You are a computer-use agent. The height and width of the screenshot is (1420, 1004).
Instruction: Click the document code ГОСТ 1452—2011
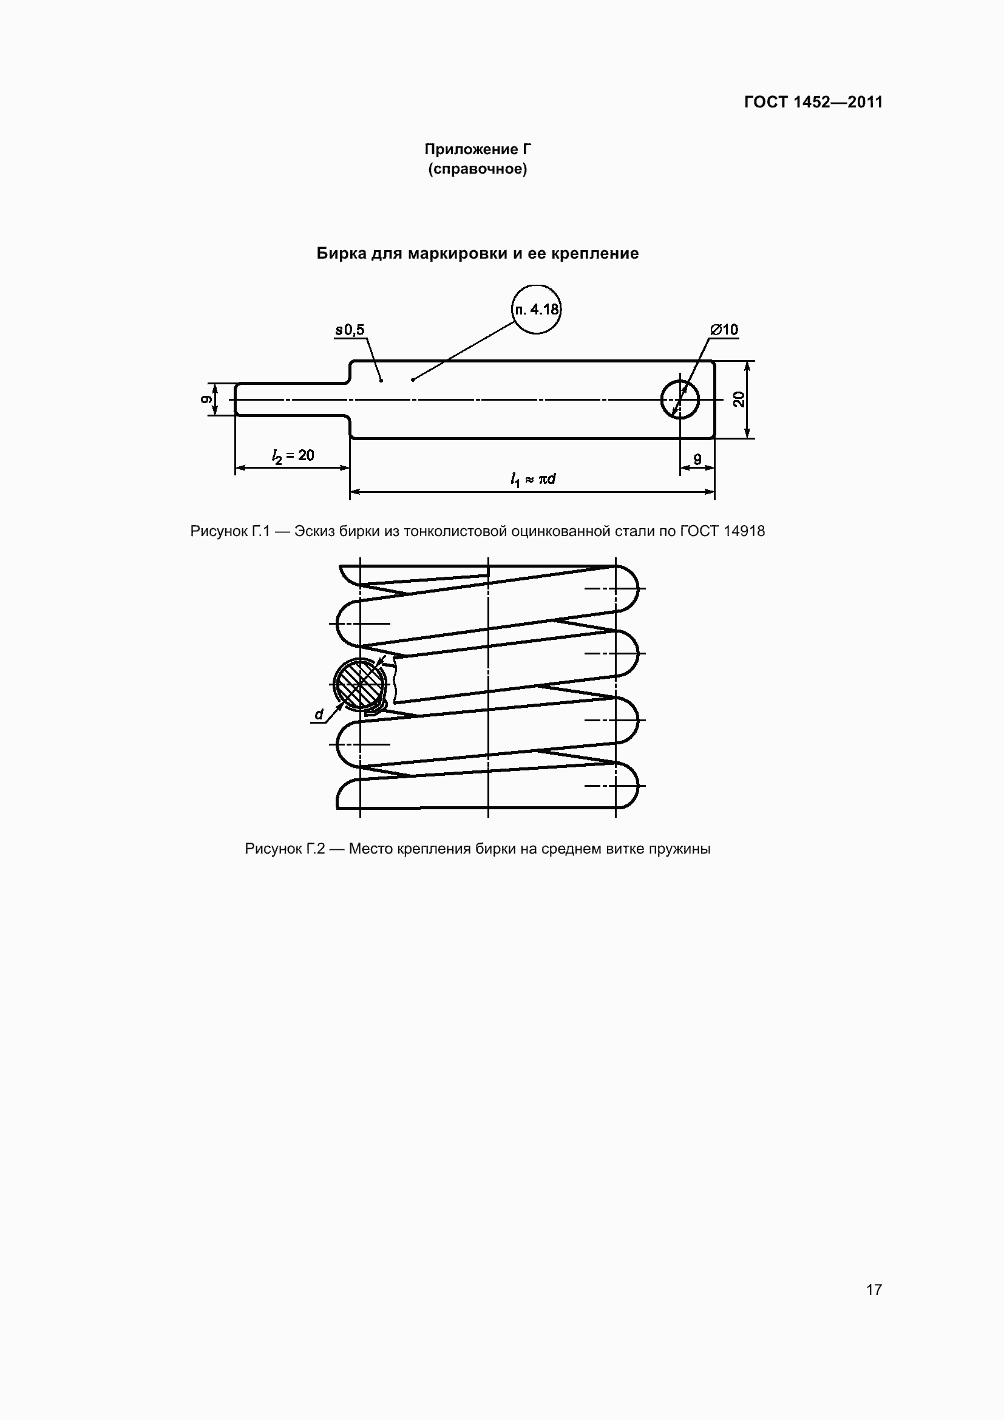[x=813, y=102]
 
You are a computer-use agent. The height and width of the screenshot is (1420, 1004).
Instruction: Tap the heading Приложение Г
[x=477, y=149]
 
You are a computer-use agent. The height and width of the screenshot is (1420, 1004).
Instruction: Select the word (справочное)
[x=477, y=169]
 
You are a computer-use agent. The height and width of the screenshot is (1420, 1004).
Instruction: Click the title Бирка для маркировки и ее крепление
[x=477, y=253]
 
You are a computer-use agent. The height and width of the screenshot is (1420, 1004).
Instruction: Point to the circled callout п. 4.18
[x=537, y=309]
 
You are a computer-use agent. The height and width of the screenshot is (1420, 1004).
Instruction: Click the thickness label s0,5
[x=350, y=330]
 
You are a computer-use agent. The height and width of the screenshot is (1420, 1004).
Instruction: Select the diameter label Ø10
[x=724, y=330]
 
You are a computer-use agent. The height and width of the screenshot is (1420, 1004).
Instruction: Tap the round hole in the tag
[x=679, y=399]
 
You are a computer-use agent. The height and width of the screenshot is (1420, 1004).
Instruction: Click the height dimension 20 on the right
[x=739, y=399]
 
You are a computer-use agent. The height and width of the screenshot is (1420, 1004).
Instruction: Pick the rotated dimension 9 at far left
[x=206, y=399]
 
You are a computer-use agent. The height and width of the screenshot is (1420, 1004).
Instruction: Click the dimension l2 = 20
[x=293, y=456]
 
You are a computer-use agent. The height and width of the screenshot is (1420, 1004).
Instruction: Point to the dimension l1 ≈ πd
[x=532, y=478]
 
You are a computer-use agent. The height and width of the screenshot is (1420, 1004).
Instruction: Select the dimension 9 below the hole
[x=697, y=460]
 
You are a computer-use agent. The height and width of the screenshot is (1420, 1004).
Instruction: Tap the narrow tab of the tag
[x=291, y=399]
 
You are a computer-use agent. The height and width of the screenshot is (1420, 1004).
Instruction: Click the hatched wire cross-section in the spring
[x=360, y=684]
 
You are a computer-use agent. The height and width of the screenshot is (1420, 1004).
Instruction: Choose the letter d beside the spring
[x=319, y=715]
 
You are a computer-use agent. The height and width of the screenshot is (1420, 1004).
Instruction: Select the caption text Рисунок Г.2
[x=284, y=849]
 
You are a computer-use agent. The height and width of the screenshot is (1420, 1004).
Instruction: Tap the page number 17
[x=873, y=1289]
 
